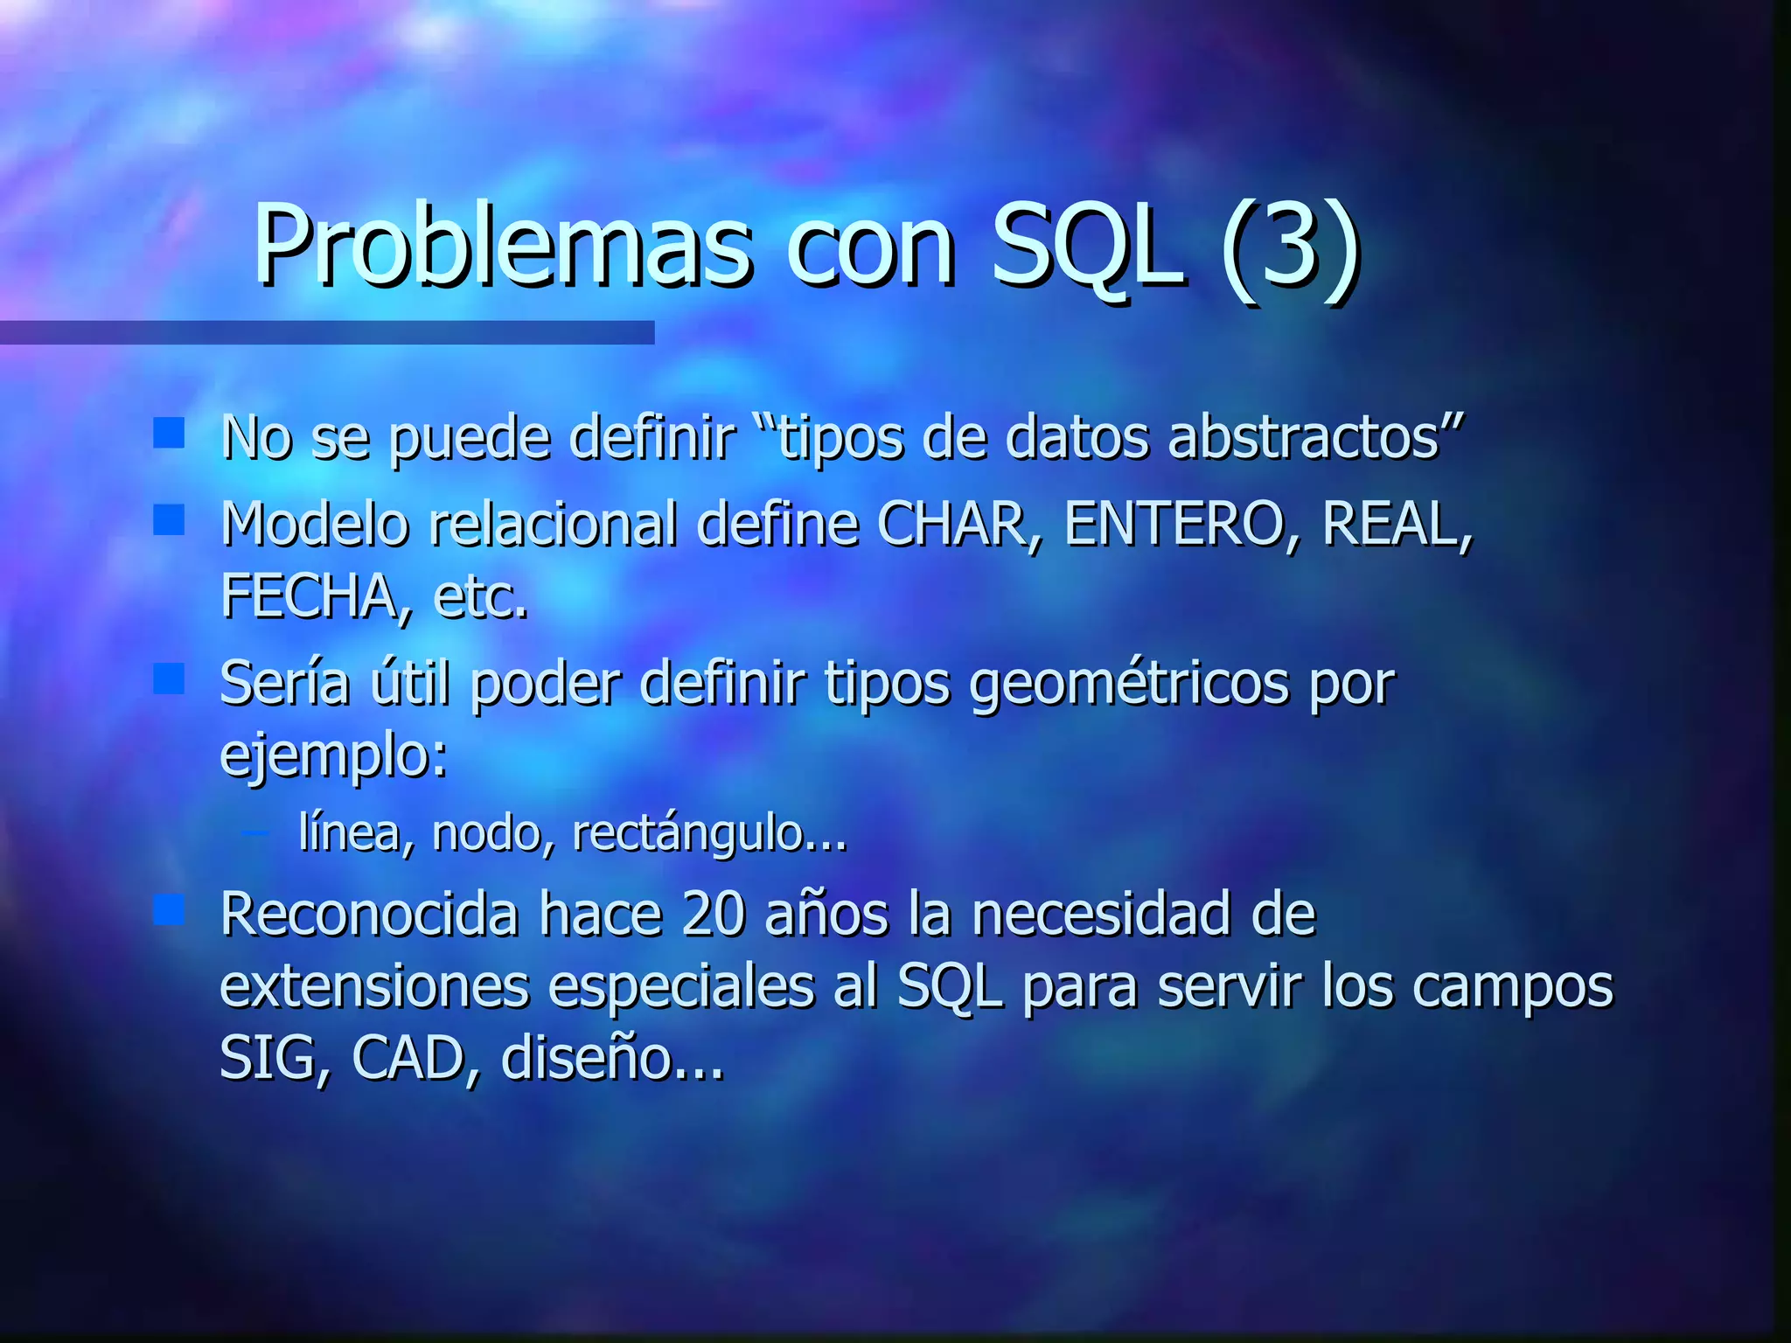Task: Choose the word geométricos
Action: tap(1128, 685)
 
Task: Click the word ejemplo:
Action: tap(333, 756)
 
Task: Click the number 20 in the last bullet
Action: tap(713, 915)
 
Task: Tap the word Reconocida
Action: tap(368, 915)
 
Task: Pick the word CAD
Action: tap(407, 1059)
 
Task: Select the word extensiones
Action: tap(374, 987)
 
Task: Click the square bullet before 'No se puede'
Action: tap(168, 433)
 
